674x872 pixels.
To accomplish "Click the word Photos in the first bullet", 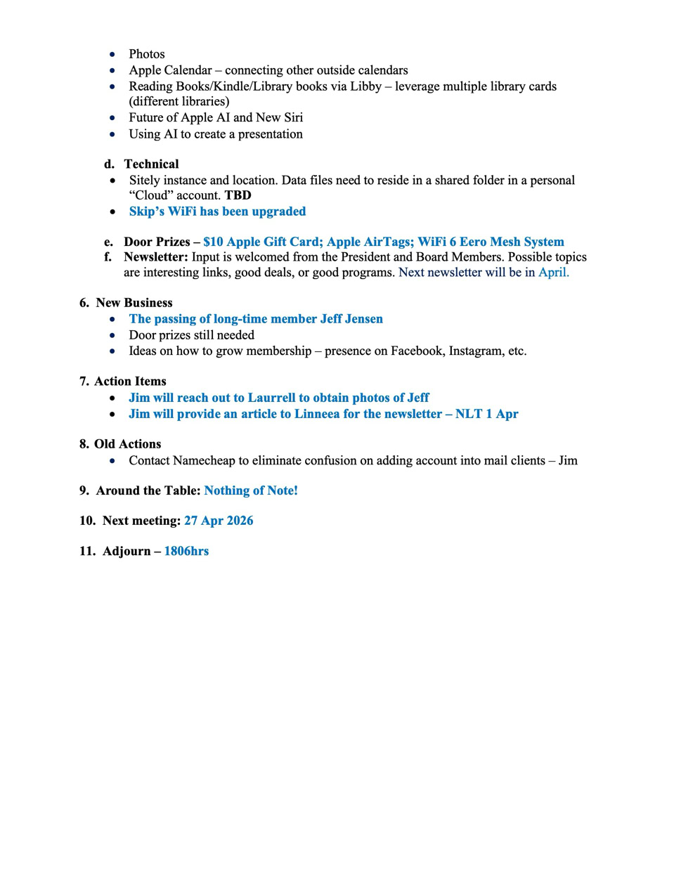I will tap(146, 54).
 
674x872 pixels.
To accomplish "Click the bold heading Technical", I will tap(151, 164).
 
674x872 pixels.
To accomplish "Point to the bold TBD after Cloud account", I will tap(238, 195).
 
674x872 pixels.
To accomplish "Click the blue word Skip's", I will tap(146, 212).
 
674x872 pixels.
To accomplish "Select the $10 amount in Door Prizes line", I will tap(213, 242).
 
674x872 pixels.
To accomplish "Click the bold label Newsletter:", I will tap(155, 257).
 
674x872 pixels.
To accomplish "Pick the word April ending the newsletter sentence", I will tap(553, 273).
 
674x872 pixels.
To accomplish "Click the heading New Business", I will tap(134, 303).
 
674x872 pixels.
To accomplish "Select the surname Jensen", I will tap(364, 319).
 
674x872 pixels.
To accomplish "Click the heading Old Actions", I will tap(127, 444).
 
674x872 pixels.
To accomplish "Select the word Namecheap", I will tap(204, 461).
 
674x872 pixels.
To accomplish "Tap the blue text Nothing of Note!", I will tap(251, 490).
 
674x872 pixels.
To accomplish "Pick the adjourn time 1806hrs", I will tap(186, 551).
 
